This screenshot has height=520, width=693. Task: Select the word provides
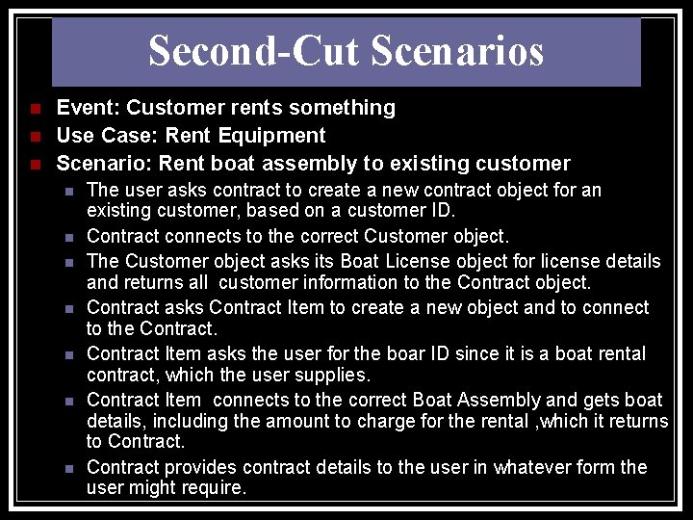(201, 467)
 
